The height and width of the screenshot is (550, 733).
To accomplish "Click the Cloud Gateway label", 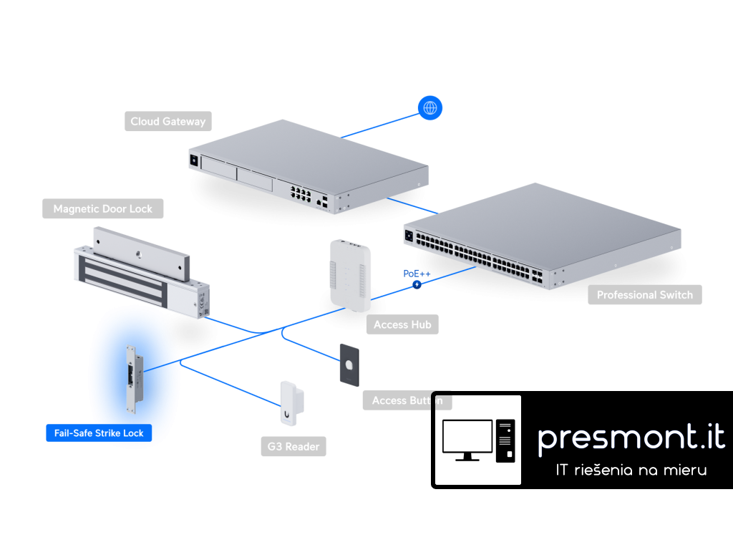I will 168,121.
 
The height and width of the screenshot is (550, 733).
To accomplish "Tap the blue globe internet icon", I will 430,108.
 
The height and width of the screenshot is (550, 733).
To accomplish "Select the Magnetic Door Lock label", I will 102,209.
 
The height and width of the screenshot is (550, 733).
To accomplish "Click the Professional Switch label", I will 644,294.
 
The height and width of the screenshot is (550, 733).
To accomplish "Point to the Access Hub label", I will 402,324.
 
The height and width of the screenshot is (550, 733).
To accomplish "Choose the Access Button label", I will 407,400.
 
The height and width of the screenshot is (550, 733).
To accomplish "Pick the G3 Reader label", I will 293,447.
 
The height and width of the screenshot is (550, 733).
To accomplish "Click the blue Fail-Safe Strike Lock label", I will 99,433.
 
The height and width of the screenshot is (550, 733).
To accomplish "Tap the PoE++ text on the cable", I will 417,274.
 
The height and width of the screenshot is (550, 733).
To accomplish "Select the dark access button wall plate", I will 349,365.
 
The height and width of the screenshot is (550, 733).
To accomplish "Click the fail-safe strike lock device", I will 133,379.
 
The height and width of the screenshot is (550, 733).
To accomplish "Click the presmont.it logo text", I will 631,437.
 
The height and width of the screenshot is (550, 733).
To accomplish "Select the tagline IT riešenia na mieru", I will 631,471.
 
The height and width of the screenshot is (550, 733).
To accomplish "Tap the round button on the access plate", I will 349,364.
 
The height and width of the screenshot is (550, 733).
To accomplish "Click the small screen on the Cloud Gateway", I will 193,160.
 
